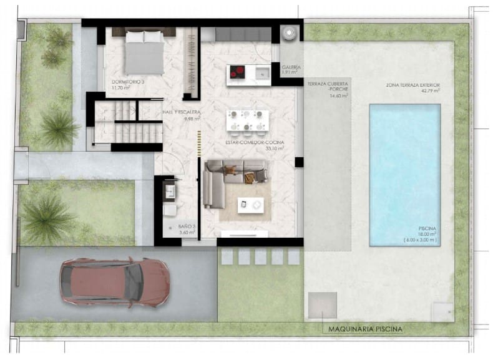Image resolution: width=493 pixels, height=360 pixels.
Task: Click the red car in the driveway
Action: [x=114, y=282]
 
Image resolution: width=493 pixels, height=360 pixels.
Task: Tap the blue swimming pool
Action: [x=405, y=174]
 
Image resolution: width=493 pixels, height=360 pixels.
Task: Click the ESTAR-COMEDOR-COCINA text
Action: [x=255, y=143]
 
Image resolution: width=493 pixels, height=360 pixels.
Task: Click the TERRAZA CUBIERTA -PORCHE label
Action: [x=328, y=89]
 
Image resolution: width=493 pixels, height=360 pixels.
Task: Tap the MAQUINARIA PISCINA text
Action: [x=362, y=329]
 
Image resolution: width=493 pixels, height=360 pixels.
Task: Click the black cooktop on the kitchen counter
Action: [x=239, y=72]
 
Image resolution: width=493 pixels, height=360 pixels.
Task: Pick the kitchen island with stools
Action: [x=248, y=121]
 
